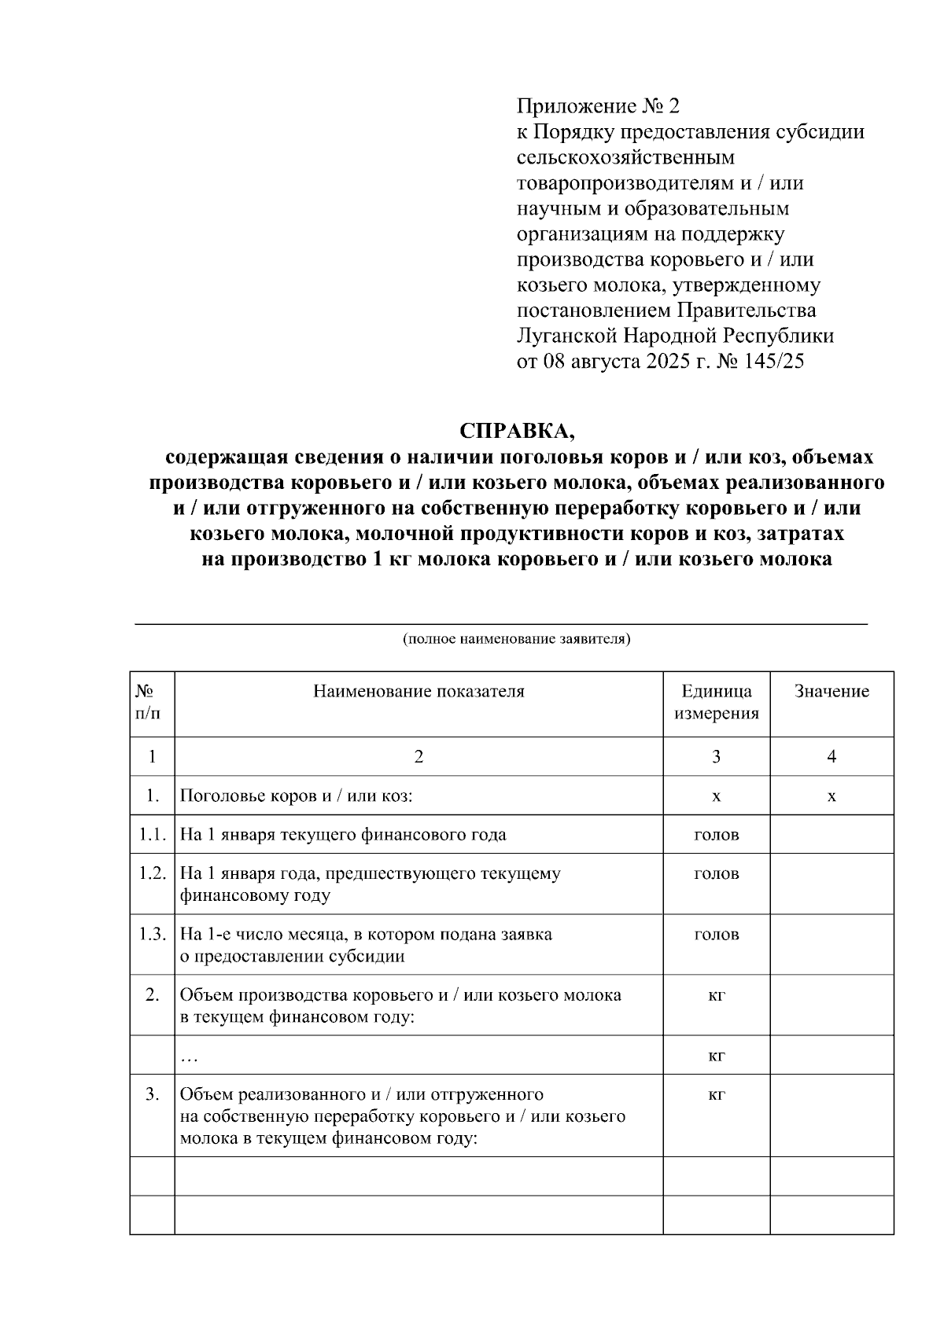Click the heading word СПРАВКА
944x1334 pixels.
tap(517, 431)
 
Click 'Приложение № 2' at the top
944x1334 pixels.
tap(597, 106)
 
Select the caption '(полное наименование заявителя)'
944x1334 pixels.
tap(517, 638)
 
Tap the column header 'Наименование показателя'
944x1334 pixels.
tap(419, 692)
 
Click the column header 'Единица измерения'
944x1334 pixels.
tap(716, 702)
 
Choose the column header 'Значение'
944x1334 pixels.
tap(832, 692)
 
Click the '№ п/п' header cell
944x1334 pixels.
tap(151, 702)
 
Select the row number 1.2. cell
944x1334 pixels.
tap(152, 873)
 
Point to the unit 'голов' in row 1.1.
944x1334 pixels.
tap(716, 835)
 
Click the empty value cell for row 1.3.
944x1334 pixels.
tap(832, 944)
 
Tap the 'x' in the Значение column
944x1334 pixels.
tap(832, 796)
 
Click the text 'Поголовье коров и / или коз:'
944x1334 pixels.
tap(297, 796)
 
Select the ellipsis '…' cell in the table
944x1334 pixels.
tap(189, 1057)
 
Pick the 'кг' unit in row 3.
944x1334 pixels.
tap(716, 1095)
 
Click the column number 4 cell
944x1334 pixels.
tap(832, 757)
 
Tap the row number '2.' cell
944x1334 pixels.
tap(152, 995)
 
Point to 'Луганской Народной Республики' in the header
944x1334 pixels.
tap(675, 336)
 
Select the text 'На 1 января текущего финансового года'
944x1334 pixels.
tap(343, 835)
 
